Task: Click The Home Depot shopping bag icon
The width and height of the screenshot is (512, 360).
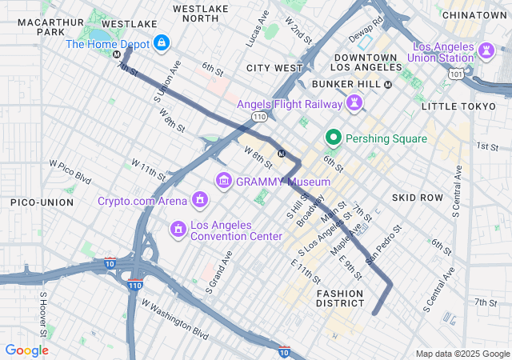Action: pyautogui.click(x=162, y=42)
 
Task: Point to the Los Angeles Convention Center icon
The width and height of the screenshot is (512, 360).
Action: pyautogui.click(x=177, y=230)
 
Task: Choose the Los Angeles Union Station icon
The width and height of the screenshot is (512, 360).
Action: pyautogui.click(x=486, y=50)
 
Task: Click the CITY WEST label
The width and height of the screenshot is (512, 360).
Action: pyautogui.click(x=274, y=68)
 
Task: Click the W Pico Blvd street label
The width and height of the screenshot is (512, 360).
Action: pyautogui.click(x=70, y=170)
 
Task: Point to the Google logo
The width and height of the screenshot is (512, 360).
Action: pyautogui.click(x=26, y=350)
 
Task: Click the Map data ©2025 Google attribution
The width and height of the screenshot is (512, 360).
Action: pyautogui.click(x=461, y=354)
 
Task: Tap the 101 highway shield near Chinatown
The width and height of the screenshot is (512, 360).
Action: pyautogui.click(x=455, y=74)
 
